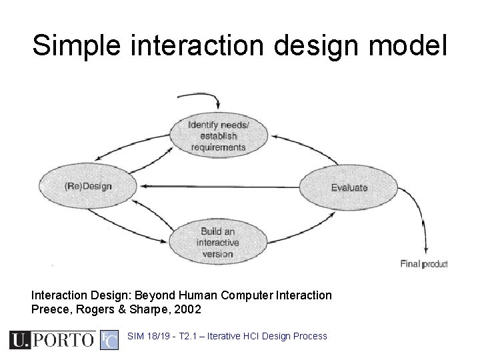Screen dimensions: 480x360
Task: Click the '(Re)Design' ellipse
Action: coord(88,186)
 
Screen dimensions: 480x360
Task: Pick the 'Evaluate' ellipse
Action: coord(349,187)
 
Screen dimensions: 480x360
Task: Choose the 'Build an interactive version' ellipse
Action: coord(217,243)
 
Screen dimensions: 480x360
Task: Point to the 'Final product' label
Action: coord(423,263)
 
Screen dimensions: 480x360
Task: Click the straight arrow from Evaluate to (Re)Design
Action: coord(220,187)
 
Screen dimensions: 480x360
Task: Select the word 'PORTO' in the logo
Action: coord(63,340)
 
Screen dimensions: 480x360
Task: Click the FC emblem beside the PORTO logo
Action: coord(109,340)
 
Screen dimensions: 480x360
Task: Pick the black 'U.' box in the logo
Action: coord(20,340)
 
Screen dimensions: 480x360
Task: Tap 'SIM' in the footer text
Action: coord(135,336)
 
